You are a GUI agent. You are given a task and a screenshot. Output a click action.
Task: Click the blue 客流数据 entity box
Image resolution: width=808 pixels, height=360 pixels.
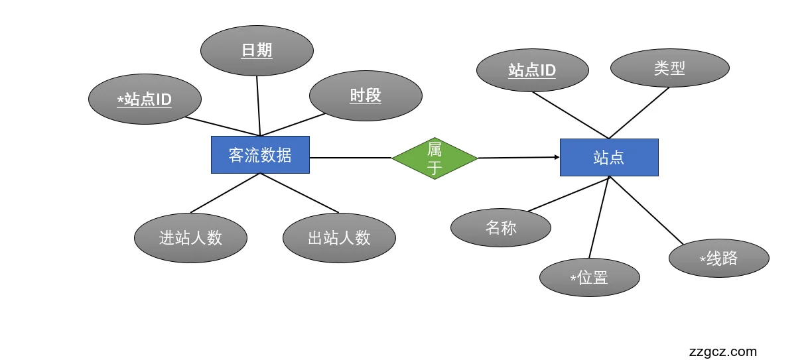tap(260, 155)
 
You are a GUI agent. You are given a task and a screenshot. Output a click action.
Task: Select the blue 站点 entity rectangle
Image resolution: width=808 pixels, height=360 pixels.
tap(609, 157)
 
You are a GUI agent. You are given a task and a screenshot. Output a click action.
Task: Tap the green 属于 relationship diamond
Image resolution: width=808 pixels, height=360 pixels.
tap(435, 158)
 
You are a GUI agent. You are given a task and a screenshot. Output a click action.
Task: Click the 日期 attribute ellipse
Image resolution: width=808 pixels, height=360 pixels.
tap(257, 50)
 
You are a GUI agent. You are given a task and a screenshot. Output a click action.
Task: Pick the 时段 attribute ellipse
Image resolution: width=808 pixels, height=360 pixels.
tap(366, 95)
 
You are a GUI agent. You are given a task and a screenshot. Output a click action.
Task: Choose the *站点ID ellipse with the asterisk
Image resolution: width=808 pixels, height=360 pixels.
tap(145, 99)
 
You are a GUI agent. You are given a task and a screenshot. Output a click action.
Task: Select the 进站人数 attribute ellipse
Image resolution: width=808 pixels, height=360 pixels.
tap(190, 237)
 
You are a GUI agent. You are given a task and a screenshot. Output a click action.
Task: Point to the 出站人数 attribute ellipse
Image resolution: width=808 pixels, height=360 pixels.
tap(339, 237)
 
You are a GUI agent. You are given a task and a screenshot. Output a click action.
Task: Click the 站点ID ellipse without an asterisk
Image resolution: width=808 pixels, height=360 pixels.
tap(532, 70)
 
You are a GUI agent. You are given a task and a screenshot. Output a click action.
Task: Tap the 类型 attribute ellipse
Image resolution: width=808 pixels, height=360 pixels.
tap(669, 68)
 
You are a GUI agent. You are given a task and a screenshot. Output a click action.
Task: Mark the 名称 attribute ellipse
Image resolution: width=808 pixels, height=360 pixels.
tap(501, 228)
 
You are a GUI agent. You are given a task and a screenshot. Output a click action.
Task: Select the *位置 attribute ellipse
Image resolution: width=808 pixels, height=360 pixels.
tap(590, 277)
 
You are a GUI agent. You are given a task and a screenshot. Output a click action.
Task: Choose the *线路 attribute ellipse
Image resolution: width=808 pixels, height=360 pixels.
tap(719, 258)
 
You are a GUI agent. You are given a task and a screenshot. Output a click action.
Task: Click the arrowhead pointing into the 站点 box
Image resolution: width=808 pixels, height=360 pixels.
tap(557, 157)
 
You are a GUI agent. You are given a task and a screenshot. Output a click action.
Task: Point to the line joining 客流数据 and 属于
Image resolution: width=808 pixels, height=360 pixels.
tap(350, 158)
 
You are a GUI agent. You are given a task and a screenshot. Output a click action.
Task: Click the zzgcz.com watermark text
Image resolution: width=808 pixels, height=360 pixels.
tap(723, 351)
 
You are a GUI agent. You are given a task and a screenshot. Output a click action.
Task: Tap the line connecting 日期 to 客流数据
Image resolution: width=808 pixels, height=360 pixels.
tap(258, 106)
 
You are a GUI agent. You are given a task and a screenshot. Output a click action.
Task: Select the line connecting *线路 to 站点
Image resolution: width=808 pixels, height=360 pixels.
tap(647, 211)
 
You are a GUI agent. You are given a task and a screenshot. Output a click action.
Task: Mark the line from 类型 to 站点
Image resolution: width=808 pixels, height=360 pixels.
tap(640, 113)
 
